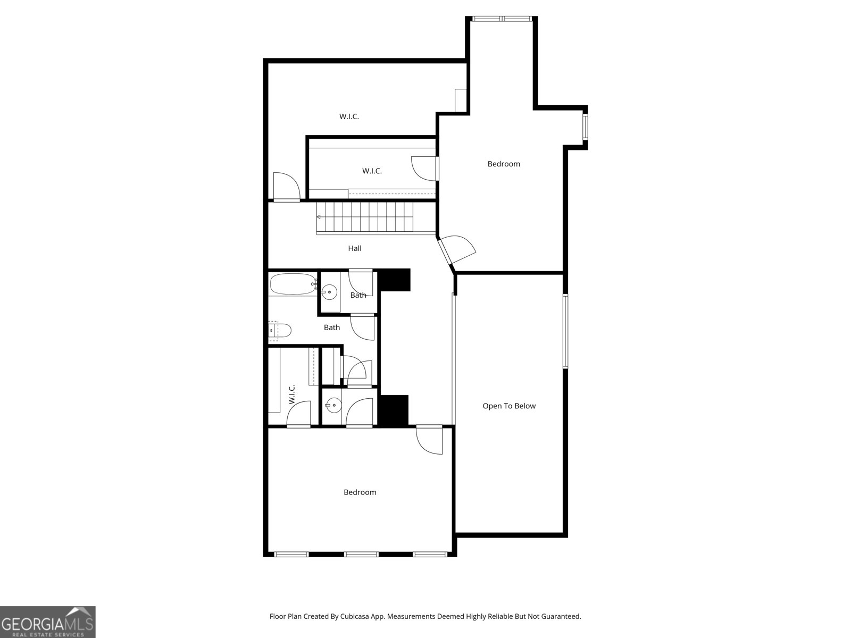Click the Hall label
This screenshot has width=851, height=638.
click(x=355, y=248)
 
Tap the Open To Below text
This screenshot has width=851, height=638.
click(x=509, y=406)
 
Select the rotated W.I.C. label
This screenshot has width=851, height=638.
click(x=292, y=394)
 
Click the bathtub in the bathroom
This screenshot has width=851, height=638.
click(x=293, y=284)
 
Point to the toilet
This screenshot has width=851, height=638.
click(x=280, y=331)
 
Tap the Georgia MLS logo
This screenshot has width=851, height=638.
click(x=47, y=622)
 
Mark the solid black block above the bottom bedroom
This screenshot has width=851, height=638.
click(x=393, y=410)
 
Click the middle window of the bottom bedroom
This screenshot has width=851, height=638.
click(x=361, y=555)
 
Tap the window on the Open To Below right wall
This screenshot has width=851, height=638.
click(x=565, y=331)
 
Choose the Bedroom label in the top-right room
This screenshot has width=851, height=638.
click(x=504, y=164)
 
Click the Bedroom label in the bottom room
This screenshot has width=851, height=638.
click(x=360, y=492)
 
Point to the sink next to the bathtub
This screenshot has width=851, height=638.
click(x=329, y=291)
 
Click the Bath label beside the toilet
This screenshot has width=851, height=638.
click(x=332, y=328)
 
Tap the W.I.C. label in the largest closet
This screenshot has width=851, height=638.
click(x=349, y=116)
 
